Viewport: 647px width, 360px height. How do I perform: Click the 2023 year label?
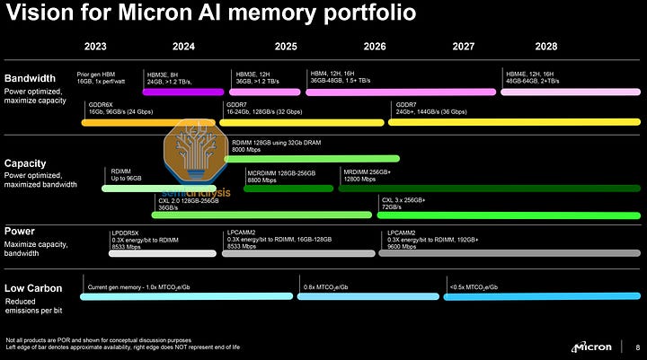click(x=95, y=46)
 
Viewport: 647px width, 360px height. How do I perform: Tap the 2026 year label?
click(x=375, y=46)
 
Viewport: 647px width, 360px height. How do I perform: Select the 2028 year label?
click(x=545, y=46)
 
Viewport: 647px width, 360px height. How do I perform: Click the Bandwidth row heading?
click(x=31, y=77)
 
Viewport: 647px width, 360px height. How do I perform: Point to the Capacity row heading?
click(x=26, y=163)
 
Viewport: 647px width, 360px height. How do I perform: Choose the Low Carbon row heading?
click(x=33, y=288)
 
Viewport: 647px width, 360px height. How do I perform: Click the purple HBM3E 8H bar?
click(x=182, y=91)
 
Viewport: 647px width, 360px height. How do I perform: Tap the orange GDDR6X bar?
click(x=150, y=122)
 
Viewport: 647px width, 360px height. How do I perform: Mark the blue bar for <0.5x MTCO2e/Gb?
click(x=542, y=295)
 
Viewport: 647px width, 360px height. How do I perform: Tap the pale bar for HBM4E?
click(x=570, y=91)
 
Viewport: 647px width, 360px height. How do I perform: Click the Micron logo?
click(x=593, y=346)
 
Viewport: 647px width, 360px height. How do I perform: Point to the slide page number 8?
click(x=637, y=346)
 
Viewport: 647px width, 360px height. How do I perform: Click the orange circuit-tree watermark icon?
click(x=197, y=147)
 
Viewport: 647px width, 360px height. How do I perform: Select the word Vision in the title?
click(x=36, y=13)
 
